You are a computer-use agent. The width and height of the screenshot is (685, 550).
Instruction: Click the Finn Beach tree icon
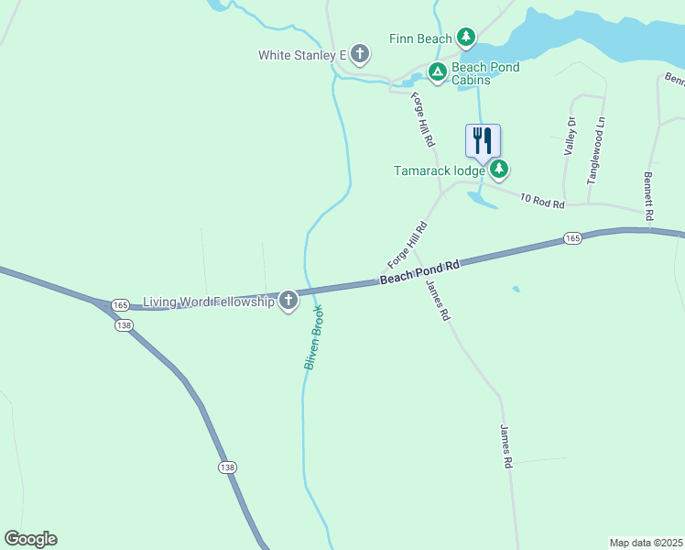click(x=467, y=38)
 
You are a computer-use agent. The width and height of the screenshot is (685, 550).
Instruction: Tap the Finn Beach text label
click(x=420, y=38)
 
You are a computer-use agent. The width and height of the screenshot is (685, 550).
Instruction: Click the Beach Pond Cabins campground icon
click(x=438, y=70)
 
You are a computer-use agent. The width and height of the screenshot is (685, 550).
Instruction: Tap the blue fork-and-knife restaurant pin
click(x=483, y=141)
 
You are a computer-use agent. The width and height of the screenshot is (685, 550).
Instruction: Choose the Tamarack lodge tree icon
click(x=499, y=169)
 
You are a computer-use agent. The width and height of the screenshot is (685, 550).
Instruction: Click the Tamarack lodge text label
click(x=439, y=170)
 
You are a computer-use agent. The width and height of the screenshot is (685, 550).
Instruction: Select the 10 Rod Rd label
click(x=542, y=200)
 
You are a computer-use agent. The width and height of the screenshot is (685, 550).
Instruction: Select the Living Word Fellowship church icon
click(x=288, y=301)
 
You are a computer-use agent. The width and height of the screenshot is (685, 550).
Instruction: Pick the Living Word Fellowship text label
click(x=209, y=302)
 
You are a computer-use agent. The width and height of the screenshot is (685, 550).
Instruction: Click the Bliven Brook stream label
click(x=314, y=338)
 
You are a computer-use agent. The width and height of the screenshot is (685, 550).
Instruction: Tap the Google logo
click(x=30, y=539)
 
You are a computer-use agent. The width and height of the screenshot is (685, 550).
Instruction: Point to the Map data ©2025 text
click(x=646, y=543)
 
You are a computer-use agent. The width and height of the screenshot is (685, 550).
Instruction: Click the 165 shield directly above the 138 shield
click(x=120, y=304)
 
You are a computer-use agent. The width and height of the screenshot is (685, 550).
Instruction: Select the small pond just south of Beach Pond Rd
click(x=516, y=290)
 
